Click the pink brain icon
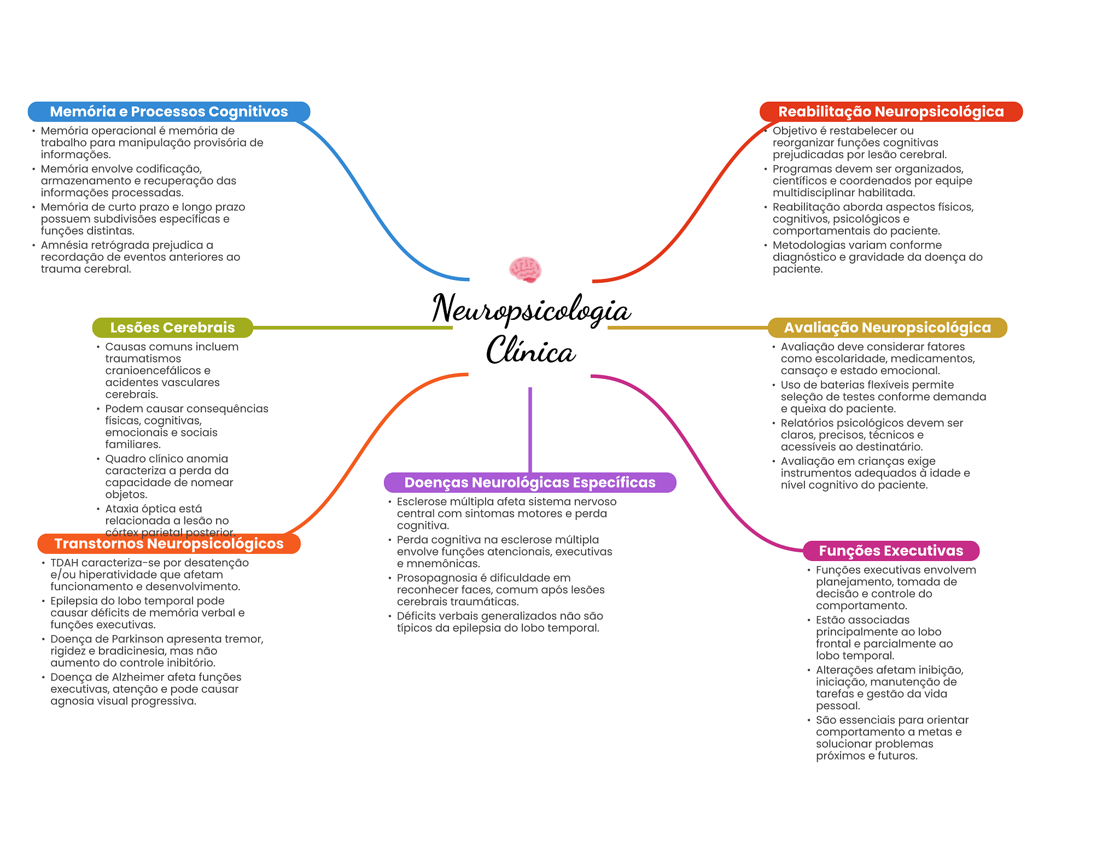pos(525,270)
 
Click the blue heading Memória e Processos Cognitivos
pos(169,112)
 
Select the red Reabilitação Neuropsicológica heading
pos(891,112)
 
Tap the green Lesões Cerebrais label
pos(172,328)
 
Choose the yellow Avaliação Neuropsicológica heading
pos(887,328)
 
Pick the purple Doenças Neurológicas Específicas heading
pos(530,482)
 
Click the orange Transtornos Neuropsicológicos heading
pos(169,544)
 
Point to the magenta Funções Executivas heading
pos(891,551)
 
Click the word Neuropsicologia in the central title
pos(532,310)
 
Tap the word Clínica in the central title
pos(531,350)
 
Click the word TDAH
pos(64,563)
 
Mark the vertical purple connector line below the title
pos(530,430)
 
